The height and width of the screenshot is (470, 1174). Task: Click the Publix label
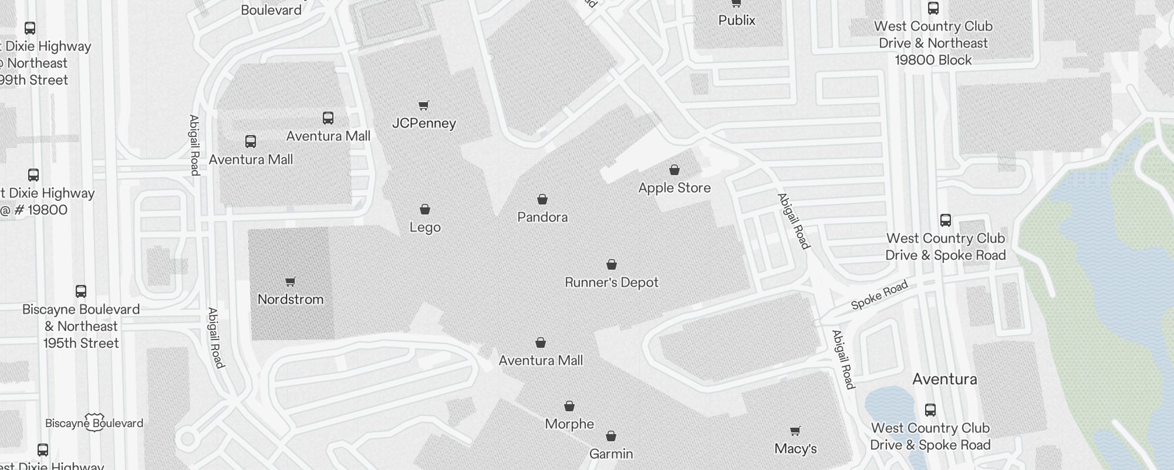coord(737,21)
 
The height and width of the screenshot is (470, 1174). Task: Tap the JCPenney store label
coord(424,123)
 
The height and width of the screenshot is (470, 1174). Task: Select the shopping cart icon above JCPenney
coord(423,105)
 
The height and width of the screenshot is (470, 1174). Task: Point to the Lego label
coord(425,227)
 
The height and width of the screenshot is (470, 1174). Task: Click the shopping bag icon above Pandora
coord(542,200)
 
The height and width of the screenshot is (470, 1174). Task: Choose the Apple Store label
coord(674,188)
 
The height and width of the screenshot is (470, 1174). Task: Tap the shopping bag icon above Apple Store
coord(674,170)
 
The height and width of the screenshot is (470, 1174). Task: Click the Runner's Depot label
coord(611,283)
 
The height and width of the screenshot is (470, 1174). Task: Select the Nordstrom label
coord(291,300)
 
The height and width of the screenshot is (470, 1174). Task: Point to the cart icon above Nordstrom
coord(290,282)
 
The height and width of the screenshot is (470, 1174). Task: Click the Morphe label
coord(569,424)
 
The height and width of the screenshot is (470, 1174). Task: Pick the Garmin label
coord(611,454)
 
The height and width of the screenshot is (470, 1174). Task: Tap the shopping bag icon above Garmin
coord(611,436)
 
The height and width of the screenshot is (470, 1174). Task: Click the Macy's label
coord(795,449)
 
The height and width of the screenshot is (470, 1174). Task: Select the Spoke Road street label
coord(879,296)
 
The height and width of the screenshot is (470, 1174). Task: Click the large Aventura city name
coord(944,380)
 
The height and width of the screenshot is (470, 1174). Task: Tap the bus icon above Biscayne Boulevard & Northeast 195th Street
coord(81,291)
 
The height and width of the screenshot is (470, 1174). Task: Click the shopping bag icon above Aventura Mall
coord(541,343)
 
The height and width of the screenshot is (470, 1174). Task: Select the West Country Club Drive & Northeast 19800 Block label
coord(933,43)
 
